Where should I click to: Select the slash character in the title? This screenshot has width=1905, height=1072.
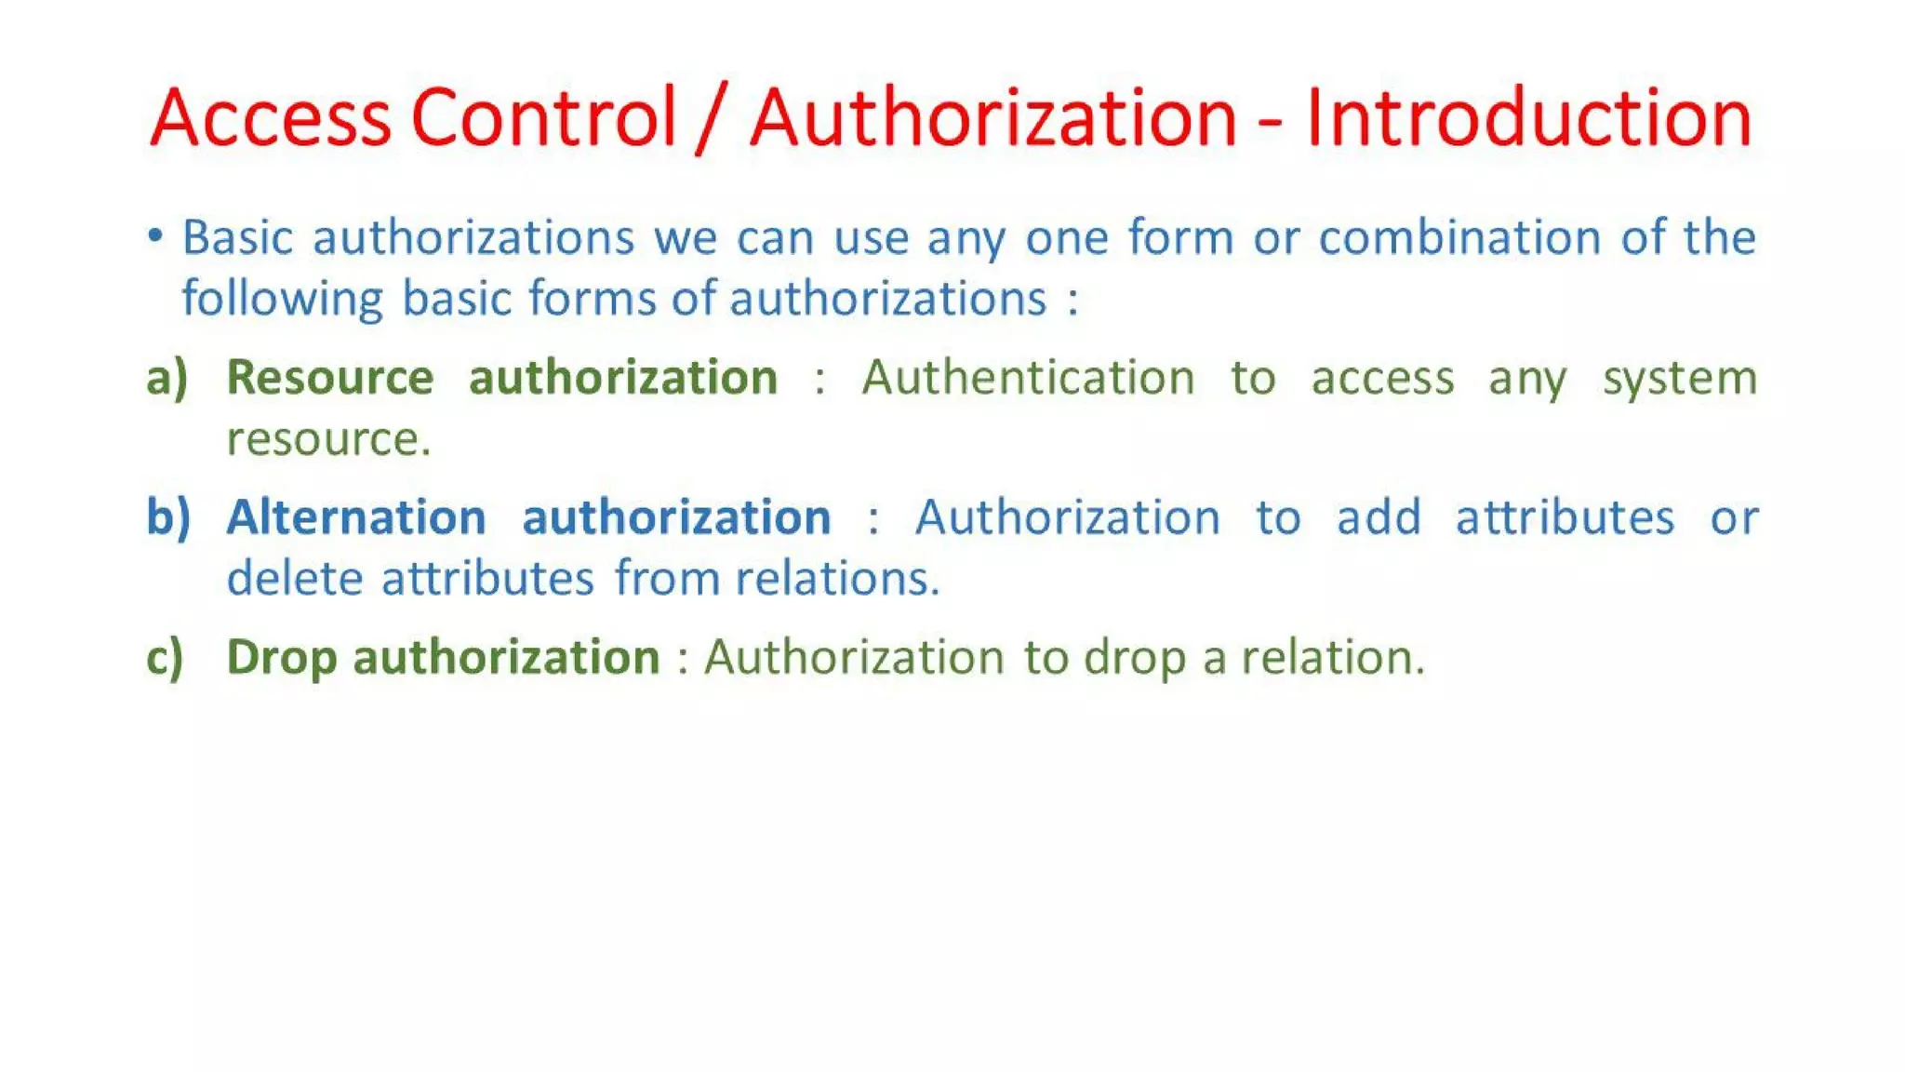point(712,119)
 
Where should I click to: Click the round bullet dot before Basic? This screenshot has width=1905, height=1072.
point(155,235)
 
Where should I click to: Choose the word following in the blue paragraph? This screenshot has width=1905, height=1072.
point(282,300)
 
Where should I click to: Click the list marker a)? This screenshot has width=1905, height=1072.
point(167,378)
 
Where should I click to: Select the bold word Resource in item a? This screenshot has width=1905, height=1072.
point(330,378)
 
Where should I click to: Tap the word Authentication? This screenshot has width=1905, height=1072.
point(1028,378)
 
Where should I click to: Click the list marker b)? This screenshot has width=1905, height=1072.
point(168,517)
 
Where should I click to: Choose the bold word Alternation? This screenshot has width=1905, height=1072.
point(356,517)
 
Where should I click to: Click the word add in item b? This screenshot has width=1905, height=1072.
point(1379,517)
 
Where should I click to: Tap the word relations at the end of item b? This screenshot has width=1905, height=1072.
point(837,578)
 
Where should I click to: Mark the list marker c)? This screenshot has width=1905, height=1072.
point(166,658)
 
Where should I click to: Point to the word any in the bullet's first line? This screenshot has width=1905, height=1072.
point(966,239)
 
